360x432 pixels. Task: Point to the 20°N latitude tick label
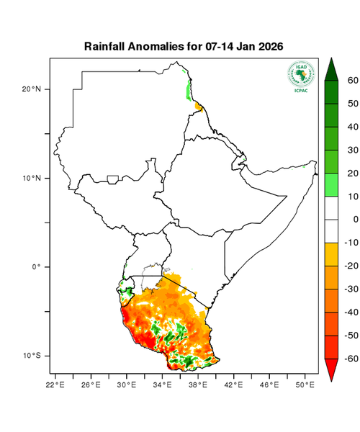click(x=32, y=89)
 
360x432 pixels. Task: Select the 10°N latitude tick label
click(x=32, y=178)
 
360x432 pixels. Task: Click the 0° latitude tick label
click(x=36, y=267)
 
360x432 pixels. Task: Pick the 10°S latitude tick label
click(x=32, y=356)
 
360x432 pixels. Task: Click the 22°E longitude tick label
click(x=56, y=385)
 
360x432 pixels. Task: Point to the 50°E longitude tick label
click(x=305, y=385)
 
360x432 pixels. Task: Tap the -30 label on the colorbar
click(x=351, y=289)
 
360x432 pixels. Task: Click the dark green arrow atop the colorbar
click(x=333, y=68)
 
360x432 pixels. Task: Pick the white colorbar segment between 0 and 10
click(x=333, y=207)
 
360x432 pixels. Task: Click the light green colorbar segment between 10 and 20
click(x=333, y=184)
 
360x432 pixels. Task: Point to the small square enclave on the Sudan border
click(x=112, y=179)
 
